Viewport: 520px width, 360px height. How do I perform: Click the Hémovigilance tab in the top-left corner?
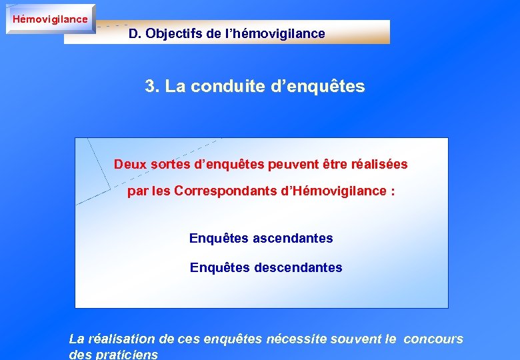pos(50,19)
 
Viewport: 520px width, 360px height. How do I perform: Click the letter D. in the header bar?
pos(135,33)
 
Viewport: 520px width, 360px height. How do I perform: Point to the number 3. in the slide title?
pos(151,87)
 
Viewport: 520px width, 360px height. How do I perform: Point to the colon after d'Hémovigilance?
pos(393,192)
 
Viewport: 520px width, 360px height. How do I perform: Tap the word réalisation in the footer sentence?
pos(121,339)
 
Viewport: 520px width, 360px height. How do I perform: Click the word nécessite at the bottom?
pos(297,339)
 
